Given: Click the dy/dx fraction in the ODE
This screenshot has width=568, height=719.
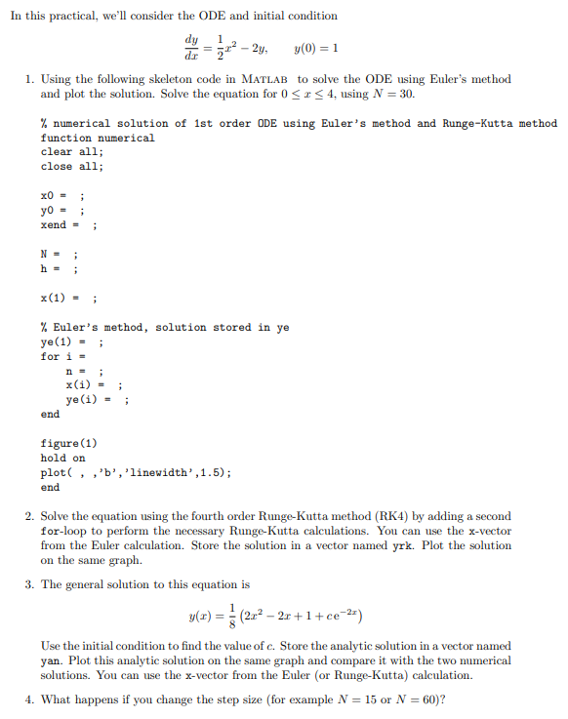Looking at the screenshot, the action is (x=190, y=49).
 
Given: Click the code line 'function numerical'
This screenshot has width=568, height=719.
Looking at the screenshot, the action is (x=98, y=138).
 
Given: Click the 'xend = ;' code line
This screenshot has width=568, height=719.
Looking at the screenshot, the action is (x=67, y=225).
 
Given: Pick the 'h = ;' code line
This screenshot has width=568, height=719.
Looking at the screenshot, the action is (x=60, y=269).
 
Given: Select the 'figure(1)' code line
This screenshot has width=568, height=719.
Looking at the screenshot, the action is (x=68, y=444).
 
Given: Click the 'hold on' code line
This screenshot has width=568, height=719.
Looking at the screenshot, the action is (x=63, y=459).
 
